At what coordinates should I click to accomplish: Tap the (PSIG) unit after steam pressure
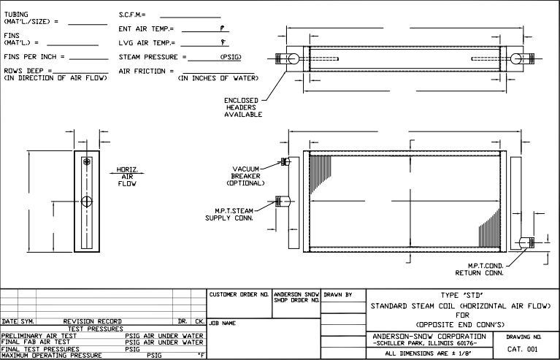click(230, 57)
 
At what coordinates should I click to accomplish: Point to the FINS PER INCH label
click(34, 56)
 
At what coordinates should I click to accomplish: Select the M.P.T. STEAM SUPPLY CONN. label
click(230, 214)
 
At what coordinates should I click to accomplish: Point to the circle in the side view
click(87, 201)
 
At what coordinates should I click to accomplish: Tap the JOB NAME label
click(222, 322)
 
